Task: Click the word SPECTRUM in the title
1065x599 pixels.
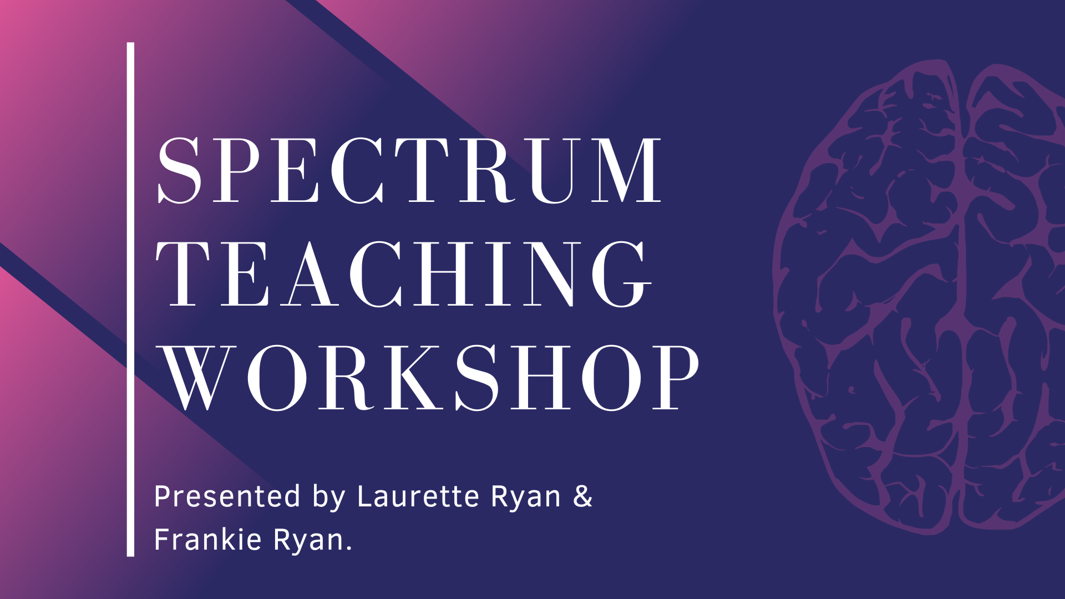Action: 409,170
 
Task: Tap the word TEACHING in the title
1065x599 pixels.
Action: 404,274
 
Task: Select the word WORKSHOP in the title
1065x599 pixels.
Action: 429,378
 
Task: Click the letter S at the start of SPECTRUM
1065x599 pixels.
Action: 179,170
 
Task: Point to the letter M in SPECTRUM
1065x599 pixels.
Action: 626,170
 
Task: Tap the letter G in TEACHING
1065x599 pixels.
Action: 622,274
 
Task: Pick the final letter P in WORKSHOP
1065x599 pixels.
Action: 676,378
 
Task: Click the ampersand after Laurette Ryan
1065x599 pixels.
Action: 583,496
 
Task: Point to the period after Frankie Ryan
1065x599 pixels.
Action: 349,548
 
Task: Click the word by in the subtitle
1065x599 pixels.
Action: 329,498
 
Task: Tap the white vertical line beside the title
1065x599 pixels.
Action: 130,299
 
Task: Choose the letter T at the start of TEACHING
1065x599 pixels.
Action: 182,274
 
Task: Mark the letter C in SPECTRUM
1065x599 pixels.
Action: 361,170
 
